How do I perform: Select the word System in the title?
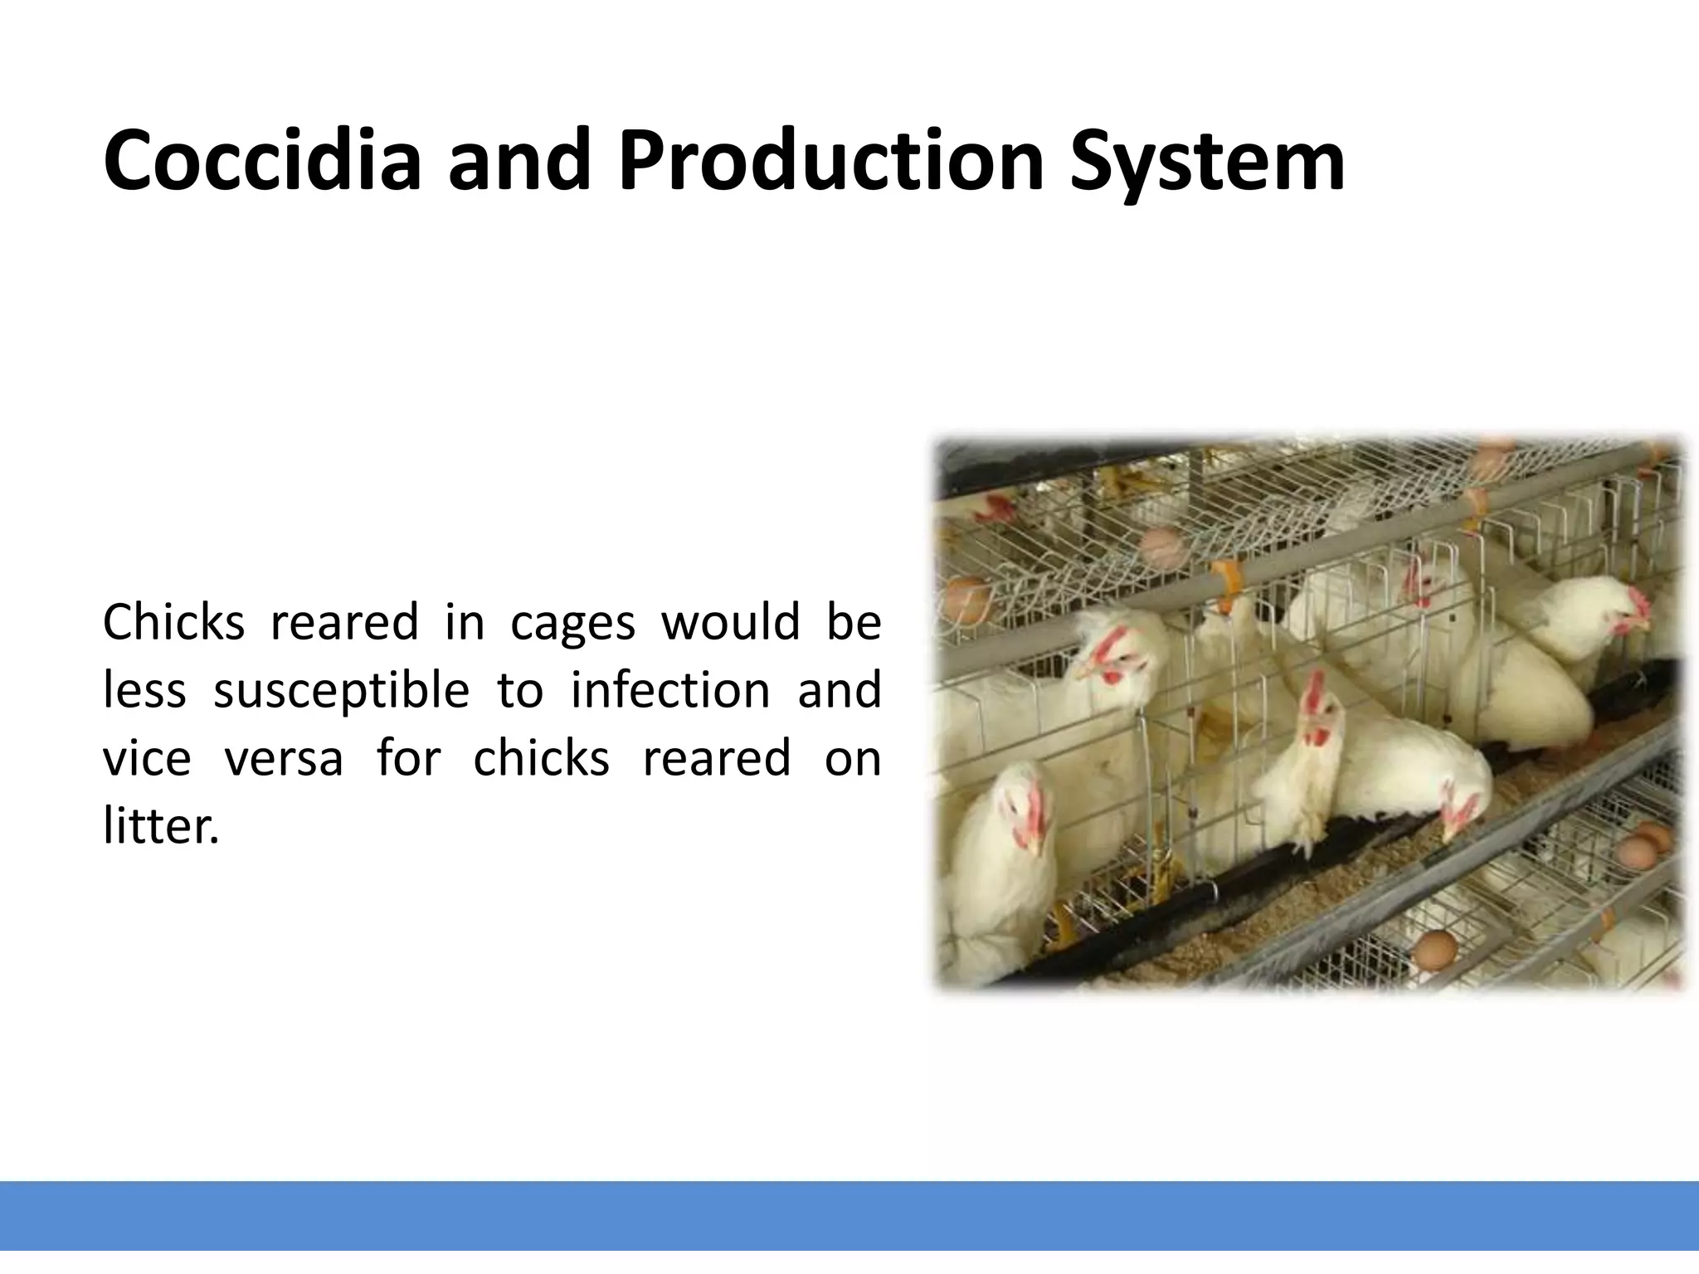pyautogui.click(x=1206, y=163)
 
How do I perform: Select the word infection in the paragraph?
pyautogui.click(x=670, y=690)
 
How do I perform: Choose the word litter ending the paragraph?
pyautogui.click(x=161, y=826)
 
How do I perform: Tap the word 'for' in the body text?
pyautogui.click(x=408, y=758)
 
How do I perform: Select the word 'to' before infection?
pyautogui.click(x=519, y=692)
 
